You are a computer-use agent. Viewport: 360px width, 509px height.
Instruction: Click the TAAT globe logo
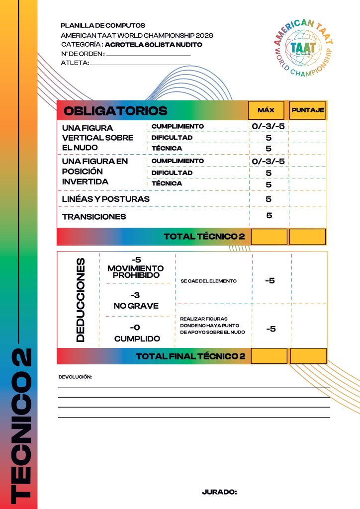pos(302,48)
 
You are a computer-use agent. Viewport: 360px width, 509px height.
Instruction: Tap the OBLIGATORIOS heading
pos(116,110)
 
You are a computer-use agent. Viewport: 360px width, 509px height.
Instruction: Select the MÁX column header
pos(266,110)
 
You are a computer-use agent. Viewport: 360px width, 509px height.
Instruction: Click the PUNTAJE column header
pos(308,110)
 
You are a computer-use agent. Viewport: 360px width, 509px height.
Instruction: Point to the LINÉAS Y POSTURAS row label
pos(105,199)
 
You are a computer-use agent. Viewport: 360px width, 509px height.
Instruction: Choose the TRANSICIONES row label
pos(94,217)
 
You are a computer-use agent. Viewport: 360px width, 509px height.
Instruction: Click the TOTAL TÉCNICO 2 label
pos(204,237)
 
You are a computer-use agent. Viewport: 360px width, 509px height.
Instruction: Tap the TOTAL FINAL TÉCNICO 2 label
pos(190,356)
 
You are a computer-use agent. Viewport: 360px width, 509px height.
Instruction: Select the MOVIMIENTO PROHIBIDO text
pos(135,271)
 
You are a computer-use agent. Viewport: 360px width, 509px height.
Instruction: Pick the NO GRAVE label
pos(136,306)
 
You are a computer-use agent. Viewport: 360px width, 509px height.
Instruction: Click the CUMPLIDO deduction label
pos(137,339)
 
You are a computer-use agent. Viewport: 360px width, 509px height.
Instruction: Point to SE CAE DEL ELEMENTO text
pos(208,281)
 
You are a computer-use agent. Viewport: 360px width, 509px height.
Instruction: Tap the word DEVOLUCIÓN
pos(75,377)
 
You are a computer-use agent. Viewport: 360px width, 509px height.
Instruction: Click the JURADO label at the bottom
pos(219,492)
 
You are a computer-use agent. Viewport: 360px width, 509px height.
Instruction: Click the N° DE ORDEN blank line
pos(148,55)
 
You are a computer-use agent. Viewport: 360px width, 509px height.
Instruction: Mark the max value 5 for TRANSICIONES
pos(269,216)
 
